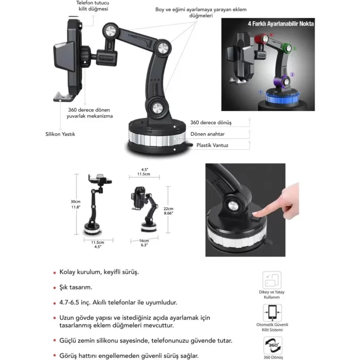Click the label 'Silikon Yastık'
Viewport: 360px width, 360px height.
60,134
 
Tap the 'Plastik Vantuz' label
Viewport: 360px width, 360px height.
212,146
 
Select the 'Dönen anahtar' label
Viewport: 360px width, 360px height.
207,134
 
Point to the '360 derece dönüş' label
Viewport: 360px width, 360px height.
211,122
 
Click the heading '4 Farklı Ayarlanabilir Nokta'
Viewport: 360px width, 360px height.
281,24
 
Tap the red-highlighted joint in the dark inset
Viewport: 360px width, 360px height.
261,39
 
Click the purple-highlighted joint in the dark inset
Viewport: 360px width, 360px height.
282,82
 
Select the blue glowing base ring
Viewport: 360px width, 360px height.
282,98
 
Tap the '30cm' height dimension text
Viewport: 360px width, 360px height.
76,202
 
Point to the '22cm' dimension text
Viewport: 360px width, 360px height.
168,208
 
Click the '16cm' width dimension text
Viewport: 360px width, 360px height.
144,241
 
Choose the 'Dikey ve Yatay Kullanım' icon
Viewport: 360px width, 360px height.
272,280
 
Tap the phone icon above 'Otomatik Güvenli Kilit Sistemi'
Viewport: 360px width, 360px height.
272,313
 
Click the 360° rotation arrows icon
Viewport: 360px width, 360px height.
273,345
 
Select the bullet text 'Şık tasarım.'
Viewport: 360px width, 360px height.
76,287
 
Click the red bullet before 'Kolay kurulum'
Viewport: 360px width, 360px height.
55,273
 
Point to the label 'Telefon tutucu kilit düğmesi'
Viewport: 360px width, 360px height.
93,6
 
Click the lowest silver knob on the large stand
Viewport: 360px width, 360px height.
157,108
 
